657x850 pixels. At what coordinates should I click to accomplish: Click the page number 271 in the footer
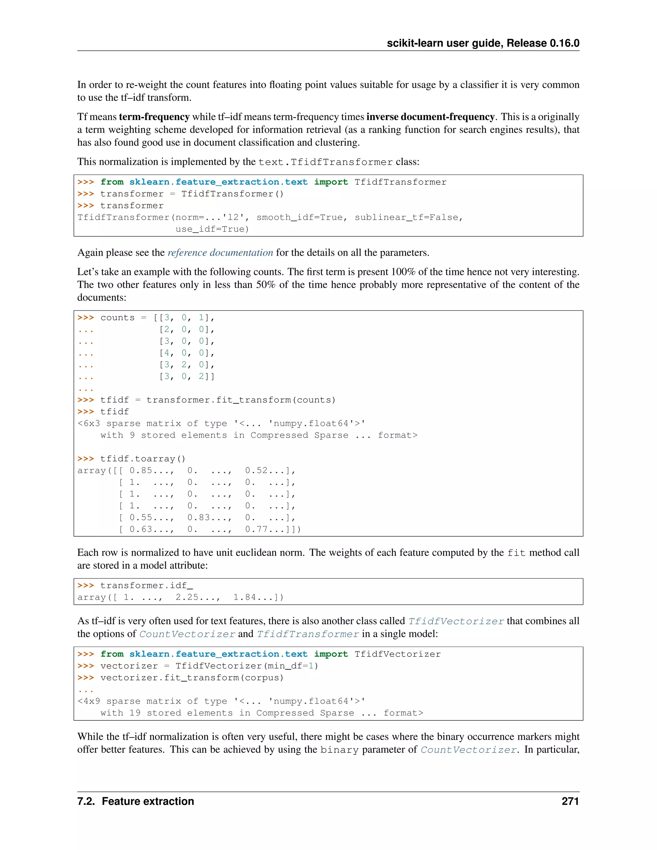pyautogui.click(x=570, y=801)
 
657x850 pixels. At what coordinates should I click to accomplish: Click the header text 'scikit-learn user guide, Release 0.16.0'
pyautogui.click(x=482, y=43)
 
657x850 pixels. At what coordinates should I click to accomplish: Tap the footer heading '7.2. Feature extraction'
pyautogui.click(x=135, y=801)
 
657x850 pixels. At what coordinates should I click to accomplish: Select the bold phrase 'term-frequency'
pyautogui.click(x=154, y=117)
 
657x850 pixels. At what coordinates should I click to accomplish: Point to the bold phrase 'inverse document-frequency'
pyautogui.click(x=430, y=117)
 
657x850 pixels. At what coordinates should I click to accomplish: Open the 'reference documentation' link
pyautogui.click(x=220, y=252)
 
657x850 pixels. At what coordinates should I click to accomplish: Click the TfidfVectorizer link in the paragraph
pyautogui.click(x=456, y=621)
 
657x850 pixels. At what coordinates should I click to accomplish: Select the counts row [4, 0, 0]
pyautogui.click(x=186, y=353)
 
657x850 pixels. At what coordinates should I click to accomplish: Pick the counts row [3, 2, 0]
pyautogui.click(x=186, y=365)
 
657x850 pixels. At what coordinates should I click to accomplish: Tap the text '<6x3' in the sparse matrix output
pyautogui.click(x=89, y=423)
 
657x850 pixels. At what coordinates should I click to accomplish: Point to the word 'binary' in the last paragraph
pyautogui.click(x=339, y=750)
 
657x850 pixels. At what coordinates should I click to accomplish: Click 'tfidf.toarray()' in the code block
pyautogui.click(x=142, y=459)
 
